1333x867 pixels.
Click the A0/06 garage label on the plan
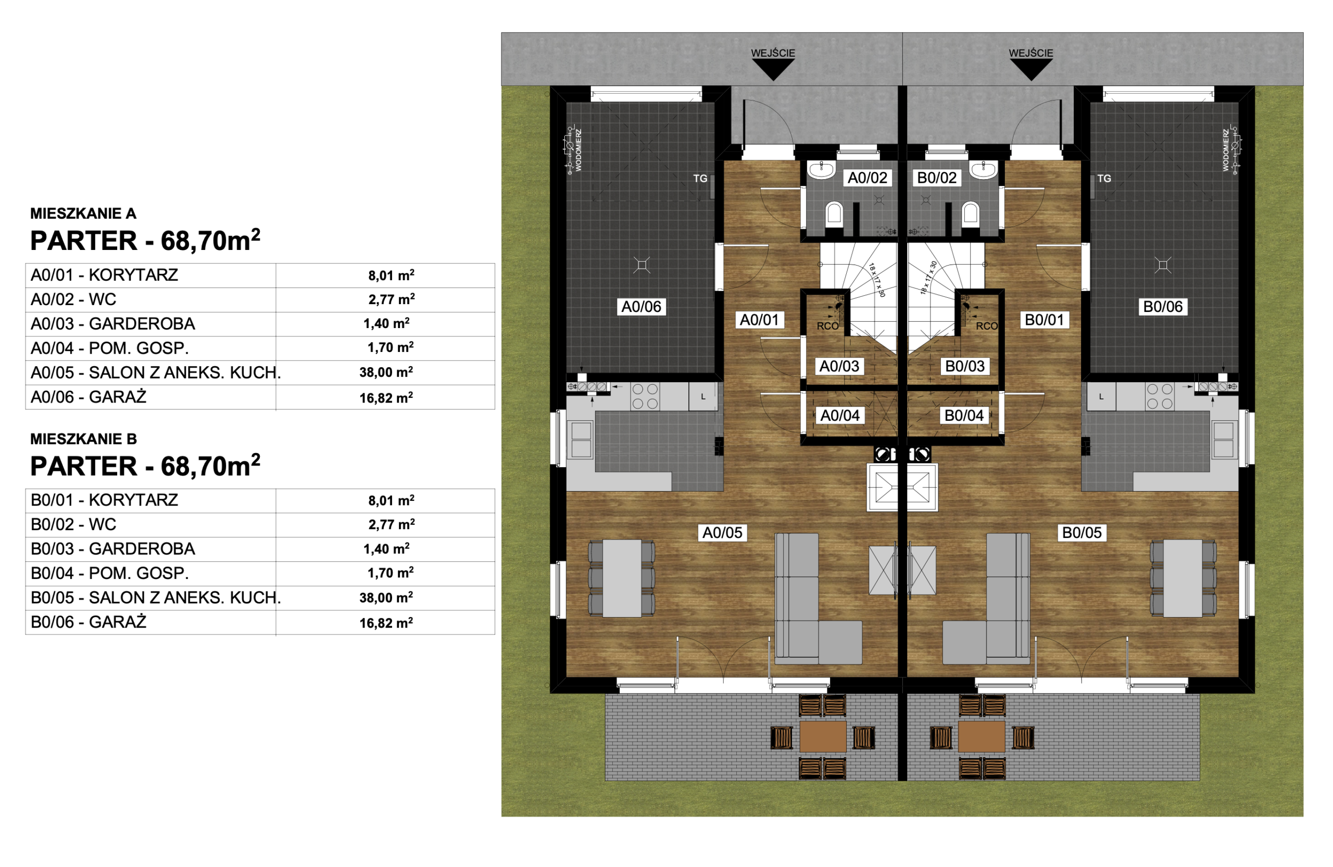click(x=642, y=306)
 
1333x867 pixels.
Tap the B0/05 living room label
click(x=1082, y=532)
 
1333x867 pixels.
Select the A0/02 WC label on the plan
click(x=867, y=178)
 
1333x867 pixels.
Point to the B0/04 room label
click(x=963, y=415)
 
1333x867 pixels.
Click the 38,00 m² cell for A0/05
click(x=386, y=372)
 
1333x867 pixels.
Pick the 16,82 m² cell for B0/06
click(x=386, y=622)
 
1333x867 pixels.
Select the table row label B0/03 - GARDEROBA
click(x=112, y=548)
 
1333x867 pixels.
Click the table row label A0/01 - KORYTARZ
click(x=104, y=274)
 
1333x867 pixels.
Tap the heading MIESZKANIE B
click(x=83, y=438)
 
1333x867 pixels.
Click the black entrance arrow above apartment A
click(x=773, y=69)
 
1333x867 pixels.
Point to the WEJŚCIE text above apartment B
click(x=1030, y=53)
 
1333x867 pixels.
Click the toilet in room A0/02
click(x=834, y=214)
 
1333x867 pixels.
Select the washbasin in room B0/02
click(x=983, y=169)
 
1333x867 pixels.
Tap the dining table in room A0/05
click(x=622, y=578)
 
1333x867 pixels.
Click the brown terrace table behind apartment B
click(x=982, y=736)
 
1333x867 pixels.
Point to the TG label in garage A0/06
click(x=700, y=178)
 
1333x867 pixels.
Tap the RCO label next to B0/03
click(x=986, y=326)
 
